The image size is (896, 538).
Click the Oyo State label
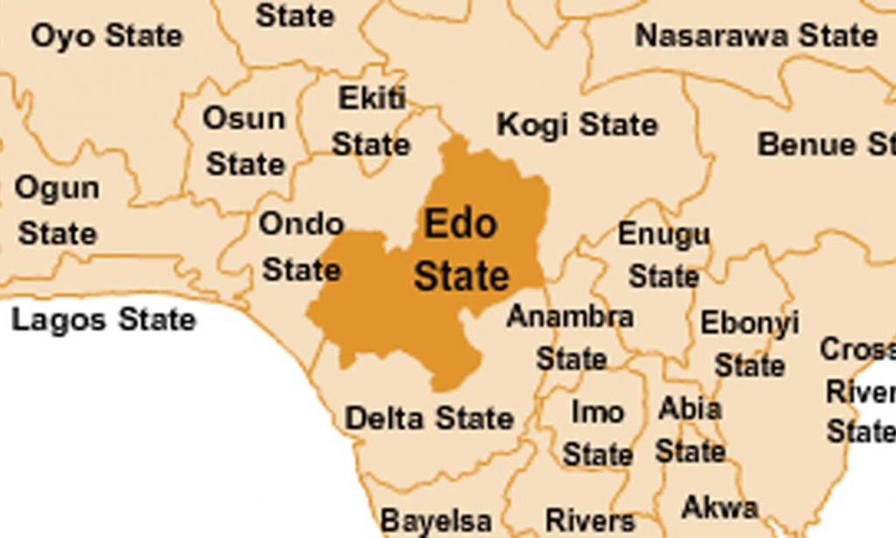pyautogui.click(x=107, y=37)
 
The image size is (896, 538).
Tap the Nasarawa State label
pyautogui.click(x=756, y=36)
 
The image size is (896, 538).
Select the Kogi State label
pyautogui.click(x=577, y=125)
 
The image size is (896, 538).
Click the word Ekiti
pyautogui.click(x=372, y=99)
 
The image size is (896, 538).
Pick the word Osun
pyautogui.click(x=244, y=118)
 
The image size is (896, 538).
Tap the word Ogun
pyautogui.click(x=57, y=187)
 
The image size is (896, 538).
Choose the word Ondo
pyautogui.click(x=301, y=224)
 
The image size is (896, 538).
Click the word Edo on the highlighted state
pyautogui.click(x=460, y=224)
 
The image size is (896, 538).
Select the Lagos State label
pyautogui.click(x=103, y=320)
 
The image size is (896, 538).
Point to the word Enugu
pyautogui.click(x=663, y=234)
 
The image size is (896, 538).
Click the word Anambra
pyautogui.click(x=570, y=316)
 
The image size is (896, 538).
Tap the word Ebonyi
pyautogui.click(x=749, y=323)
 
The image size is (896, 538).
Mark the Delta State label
pyautogui.click(x=429, y=418)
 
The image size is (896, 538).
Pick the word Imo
pyautogui.click(x=598, y=411)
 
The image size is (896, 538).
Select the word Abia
pyautogui.click(x=689, y=409)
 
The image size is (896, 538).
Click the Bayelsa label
pyautogui.click(x=436, y=521)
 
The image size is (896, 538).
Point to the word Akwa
pyautogui.click(x=719, y=507)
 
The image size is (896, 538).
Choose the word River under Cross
pyautogui.click(x=860, y=392)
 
